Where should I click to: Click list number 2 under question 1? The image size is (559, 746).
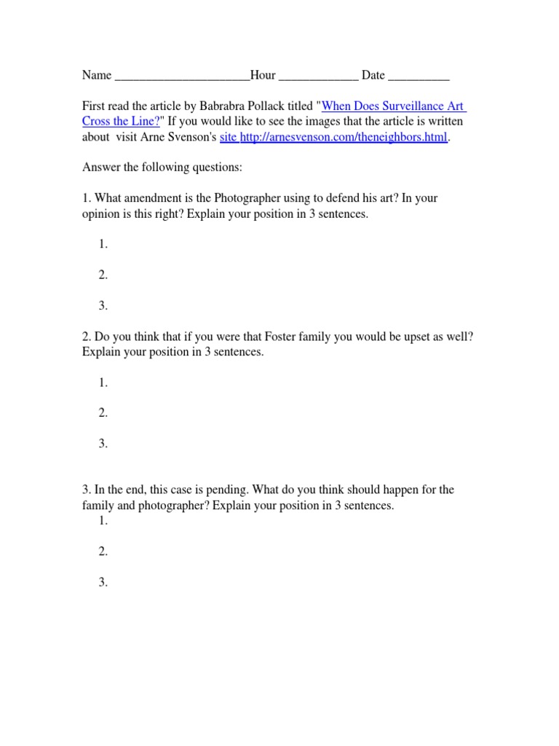[x=103, y=275]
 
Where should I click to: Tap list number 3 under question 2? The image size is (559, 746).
[x=103, y=444]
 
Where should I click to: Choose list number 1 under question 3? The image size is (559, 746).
[x=103, y=521]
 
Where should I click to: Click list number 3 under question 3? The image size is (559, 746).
[x=103, y=582]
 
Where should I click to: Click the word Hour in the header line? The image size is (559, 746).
[x=263, y=75]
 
